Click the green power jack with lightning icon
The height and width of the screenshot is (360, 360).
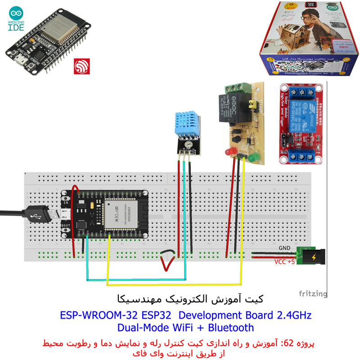click(313, 257)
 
